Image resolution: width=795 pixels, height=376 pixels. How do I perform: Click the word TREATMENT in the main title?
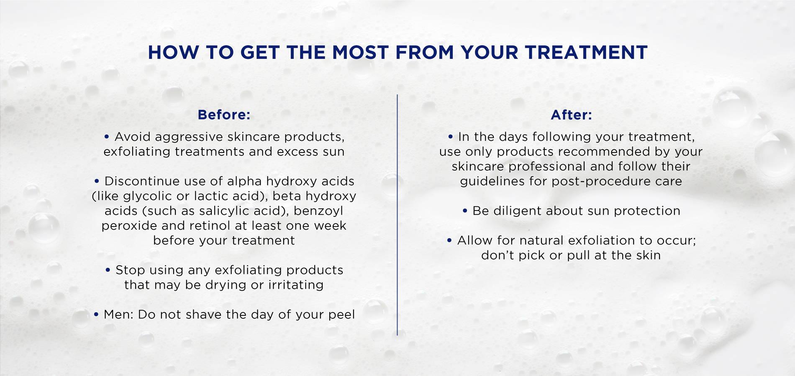pyautogui.click(x=586, y=53)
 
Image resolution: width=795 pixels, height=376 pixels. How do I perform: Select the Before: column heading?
pyautogui.click(x=224, y=114)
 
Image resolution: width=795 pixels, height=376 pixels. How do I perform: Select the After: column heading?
pyautogui.click(x=571, y=114)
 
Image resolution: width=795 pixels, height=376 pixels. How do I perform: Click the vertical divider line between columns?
pyautogui.click(x=397, y=215)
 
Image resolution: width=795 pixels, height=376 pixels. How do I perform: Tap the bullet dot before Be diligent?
pyautogui.click(x=465, y=211)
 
